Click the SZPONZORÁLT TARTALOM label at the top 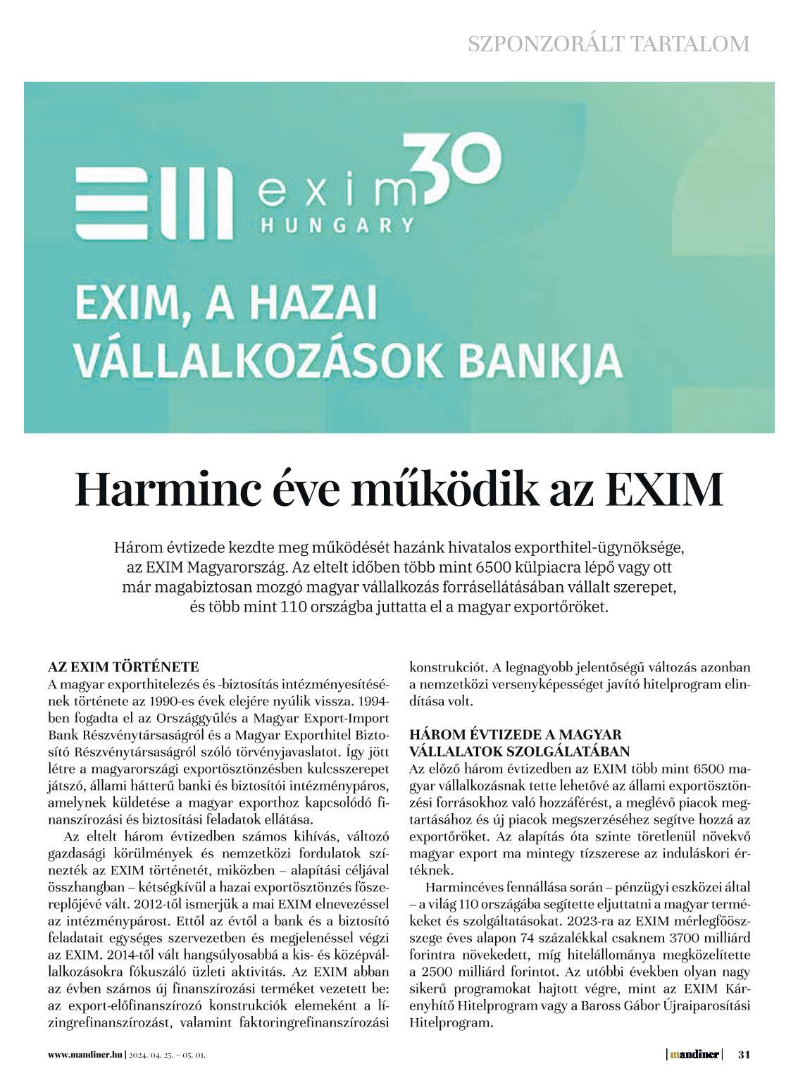click(609, 44)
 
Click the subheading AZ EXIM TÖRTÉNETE click(123, 667)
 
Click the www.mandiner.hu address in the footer click(85, 1055)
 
